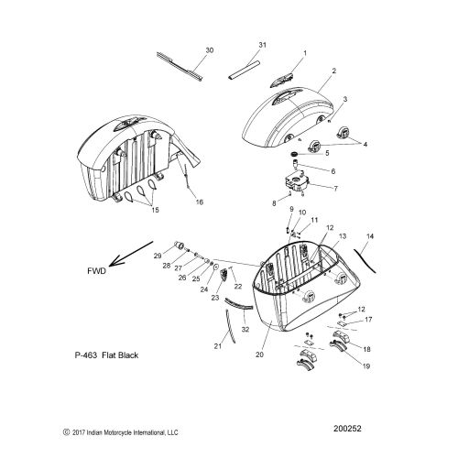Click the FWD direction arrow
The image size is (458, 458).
pos(131,254)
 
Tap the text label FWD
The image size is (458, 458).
pos(96,271)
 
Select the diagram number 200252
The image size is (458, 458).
pos(347,429)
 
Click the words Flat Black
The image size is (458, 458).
pos(120,355)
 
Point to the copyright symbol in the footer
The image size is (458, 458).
pos(66,432)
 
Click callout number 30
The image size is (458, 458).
pos(210,50)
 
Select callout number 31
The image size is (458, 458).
pos(262,45)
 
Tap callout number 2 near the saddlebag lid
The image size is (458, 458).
pos(334,71)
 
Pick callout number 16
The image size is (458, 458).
pos(199,202)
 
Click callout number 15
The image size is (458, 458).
pos(155,210)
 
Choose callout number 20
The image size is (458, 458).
pos(259,354)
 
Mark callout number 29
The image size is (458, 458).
pos(158,256)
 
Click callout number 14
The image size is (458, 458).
pos(370,236)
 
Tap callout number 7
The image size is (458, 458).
pos(335,189)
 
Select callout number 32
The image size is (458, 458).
pos(245,330)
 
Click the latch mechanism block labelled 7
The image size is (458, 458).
pos(297,181)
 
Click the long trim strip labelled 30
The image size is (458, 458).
pos(180,67)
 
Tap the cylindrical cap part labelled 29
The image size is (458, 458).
pos(180,245)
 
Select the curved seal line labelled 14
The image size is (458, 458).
pos(365,260)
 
